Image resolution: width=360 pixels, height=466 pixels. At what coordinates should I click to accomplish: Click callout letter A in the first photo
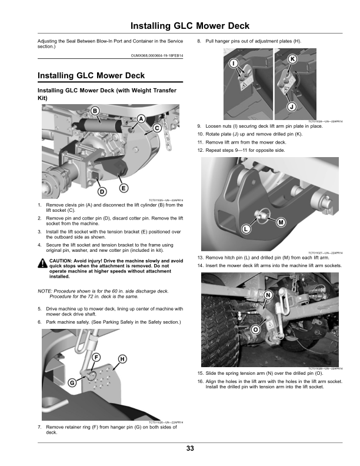141,119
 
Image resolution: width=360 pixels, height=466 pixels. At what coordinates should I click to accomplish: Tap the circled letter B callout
94,112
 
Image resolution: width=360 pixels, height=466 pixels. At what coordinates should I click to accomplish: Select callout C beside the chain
157,128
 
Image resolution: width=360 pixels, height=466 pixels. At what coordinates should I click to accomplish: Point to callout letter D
101,191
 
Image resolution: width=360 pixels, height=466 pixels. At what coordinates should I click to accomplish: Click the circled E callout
124,188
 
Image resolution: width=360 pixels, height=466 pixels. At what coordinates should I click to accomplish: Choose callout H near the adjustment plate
122,358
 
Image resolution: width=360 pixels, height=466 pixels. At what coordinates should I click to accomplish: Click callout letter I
234,63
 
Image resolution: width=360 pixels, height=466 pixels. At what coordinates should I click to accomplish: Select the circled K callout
292,59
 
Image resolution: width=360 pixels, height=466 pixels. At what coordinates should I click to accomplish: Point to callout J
291,106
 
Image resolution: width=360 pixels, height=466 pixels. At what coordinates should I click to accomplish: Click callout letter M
281,222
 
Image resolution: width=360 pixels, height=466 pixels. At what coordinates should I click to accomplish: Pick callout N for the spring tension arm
268,294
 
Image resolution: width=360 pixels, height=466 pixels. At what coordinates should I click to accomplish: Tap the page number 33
190,449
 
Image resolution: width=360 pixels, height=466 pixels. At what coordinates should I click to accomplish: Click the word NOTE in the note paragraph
44,291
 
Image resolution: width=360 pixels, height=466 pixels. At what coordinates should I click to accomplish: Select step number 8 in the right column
199,41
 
